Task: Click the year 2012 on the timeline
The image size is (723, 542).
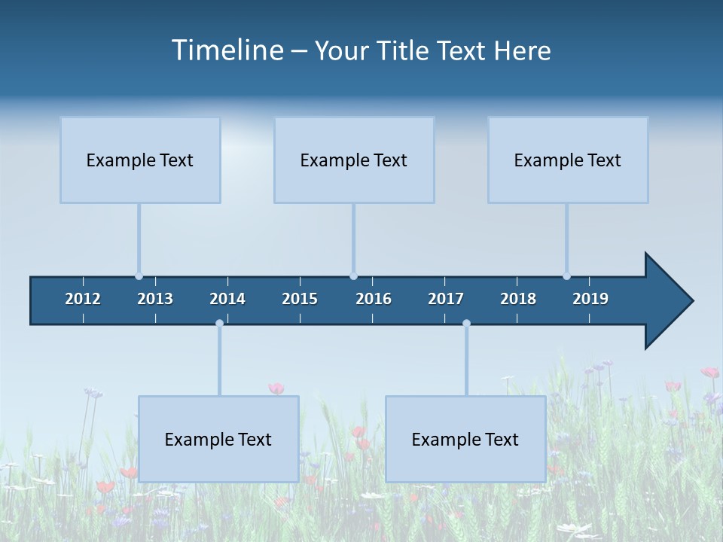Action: (x=83, y=299)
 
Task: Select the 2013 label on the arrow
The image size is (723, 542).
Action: (x=155, y=299)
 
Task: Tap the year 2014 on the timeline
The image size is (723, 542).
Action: (x=227, y=299)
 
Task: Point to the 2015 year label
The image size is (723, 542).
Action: (x=300, y=299)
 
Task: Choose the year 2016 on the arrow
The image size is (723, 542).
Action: (x=374, y=299)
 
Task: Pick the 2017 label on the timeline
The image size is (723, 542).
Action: (x=446, y=299)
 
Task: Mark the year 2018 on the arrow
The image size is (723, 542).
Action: (x=518, y=299)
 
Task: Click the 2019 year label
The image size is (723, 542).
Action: (x=590, y=299)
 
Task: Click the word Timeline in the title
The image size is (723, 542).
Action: (x=225, y=50)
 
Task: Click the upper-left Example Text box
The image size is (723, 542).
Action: (x=140, y=160)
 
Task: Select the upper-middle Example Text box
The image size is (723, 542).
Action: (x=354, y=160)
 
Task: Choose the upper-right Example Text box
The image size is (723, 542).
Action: (x=568, y=160)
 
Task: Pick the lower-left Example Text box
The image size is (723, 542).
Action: (x=218, y=439)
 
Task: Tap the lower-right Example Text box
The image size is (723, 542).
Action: (x=465, y=439)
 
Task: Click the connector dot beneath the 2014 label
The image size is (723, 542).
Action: (x=219, y=324)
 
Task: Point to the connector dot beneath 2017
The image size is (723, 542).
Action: (x=466, y=324)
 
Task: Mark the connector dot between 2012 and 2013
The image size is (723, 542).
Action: (x=139, y=276)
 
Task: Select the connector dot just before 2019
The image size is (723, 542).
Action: (x=566, y=276)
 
